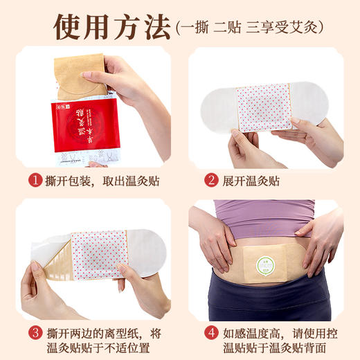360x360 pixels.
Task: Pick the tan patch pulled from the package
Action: click(80, 76)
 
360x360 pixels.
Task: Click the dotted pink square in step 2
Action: click(264, 108)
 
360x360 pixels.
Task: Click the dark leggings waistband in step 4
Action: click(267, 294)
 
